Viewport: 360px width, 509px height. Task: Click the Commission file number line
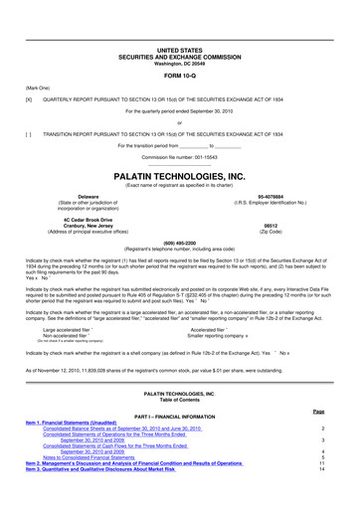pyautogui.click(x=180, y=159)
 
